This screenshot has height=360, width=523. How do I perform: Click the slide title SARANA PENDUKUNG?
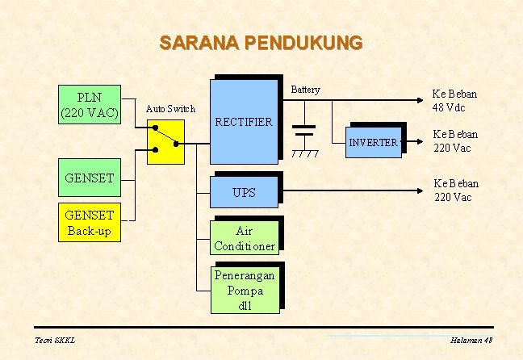(261, 42)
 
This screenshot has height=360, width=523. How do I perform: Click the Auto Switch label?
(169, 108)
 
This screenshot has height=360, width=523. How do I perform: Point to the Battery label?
(305, 90)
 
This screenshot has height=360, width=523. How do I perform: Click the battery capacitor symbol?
(304, 131)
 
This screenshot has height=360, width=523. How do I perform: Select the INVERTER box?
(373, 142)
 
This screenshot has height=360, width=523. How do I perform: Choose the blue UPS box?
(244, 192)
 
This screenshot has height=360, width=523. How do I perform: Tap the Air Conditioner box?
(244, 239)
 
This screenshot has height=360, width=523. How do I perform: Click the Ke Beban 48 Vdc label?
(454, 101)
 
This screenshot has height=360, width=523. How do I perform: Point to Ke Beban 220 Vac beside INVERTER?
(455, 141)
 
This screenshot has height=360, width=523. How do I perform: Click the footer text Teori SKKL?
(55, 341)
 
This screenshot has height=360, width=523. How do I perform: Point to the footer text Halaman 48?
(472, 341)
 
